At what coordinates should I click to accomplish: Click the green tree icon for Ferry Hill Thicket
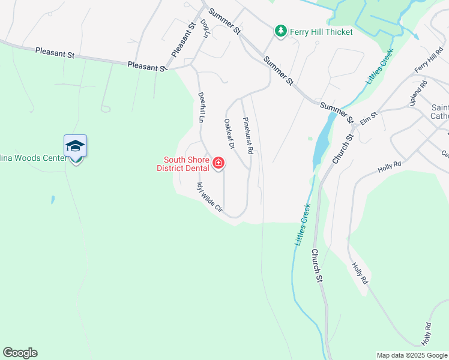[280, 31]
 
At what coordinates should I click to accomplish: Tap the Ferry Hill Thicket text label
[321, 31]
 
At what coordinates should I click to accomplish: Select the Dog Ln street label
[205, 28]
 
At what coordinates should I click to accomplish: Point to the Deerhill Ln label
[202, 107]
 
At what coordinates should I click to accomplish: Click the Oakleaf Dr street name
[228, 133]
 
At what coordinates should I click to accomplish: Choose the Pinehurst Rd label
[249, 134]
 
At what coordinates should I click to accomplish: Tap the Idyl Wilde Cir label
[209, 199]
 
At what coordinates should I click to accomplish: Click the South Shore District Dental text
[183, 163]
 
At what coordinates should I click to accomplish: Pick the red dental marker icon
[218, 163]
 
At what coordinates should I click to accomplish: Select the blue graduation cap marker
[75, 146]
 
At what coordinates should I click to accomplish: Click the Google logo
[20, 353]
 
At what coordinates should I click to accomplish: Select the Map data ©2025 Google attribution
[412, 355]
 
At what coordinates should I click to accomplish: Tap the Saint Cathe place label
[439, 112]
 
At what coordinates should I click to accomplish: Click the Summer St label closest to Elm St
[337, 112]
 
